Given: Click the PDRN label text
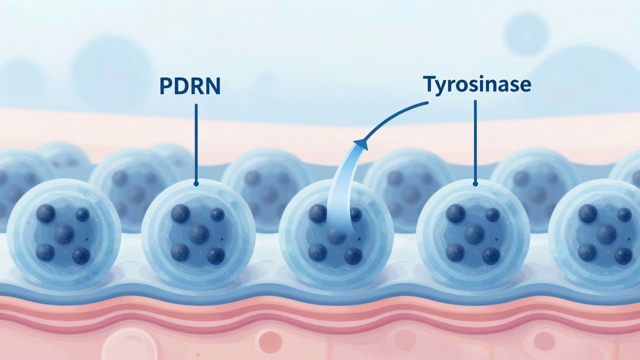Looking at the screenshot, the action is tap(190, 85).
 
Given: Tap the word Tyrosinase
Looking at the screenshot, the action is tap(477, 84).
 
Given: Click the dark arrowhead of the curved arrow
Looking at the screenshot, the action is tap(361, 144).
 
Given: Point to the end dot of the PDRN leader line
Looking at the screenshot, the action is tap(196, 183).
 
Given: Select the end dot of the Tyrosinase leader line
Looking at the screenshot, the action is tap(475, 183).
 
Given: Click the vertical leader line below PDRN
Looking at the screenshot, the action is tap(196, 143).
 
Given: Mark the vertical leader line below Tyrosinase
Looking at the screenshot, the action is tap(475, 141).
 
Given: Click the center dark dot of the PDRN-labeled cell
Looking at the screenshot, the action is tap(199, 234).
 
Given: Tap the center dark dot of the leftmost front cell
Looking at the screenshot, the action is tap(64, 234).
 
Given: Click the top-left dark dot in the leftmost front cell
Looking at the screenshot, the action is tap(45, 213).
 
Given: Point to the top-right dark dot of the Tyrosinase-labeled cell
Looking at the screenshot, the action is tap(492, 215).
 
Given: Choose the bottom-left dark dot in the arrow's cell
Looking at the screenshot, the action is tap(317, 252).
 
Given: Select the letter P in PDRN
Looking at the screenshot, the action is tap(165, 85).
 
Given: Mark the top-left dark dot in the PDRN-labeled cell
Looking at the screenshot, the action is tap(180, 214).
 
